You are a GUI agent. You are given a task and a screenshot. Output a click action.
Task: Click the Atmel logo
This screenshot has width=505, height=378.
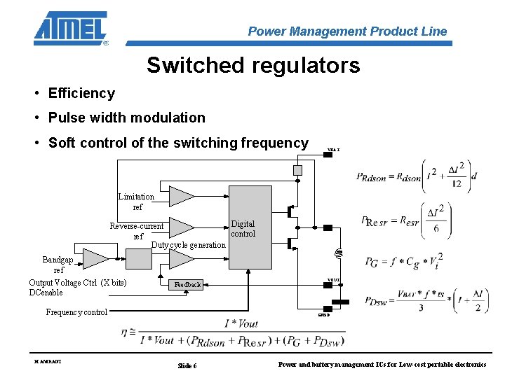(71, 28)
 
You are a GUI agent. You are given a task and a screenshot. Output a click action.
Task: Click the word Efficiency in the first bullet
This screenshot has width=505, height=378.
(81, 93)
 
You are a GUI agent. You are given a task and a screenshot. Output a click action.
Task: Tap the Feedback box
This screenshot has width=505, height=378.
(187, 285)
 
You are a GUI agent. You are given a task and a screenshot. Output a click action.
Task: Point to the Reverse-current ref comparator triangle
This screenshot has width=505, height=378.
(181, 227)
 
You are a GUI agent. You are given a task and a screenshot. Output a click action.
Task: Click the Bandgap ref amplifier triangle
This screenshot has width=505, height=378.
(96, 258)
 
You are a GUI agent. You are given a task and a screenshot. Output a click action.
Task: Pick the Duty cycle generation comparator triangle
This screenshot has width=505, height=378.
(181, 258)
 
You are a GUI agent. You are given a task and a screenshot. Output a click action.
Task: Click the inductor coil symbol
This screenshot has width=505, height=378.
(337, 253)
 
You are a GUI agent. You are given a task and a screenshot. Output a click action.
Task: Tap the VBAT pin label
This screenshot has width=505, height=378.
(333, 150)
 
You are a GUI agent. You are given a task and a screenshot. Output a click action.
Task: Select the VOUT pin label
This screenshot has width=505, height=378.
(333, 280)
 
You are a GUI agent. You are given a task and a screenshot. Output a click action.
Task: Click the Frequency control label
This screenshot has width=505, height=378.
(76, 312)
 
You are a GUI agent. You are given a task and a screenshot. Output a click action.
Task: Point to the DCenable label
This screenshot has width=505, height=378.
(46, 293)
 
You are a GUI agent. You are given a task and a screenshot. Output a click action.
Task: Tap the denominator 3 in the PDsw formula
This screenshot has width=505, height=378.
(420, 307)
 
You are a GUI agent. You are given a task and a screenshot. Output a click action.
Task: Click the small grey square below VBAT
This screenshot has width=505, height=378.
(297, 170)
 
